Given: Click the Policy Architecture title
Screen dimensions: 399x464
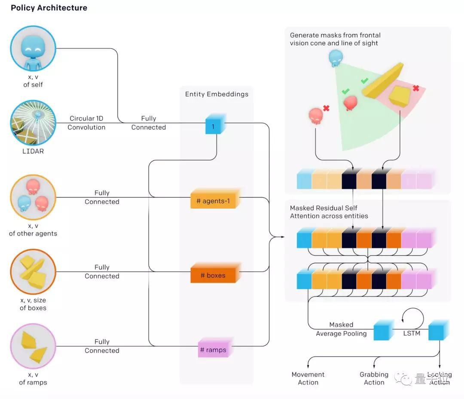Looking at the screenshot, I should click(x=49, y=8).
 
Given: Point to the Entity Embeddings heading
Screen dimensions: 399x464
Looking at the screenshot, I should click(x=217, y=94).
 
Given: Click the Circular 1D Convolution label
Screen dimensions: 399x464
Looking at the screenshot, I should click(x=86, y=123).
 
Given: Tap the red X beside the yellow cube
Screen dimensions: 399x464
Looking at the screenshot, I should click(x=415, y=88).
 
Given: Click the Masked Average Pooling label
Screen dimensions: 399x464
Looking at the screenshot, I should click(x=341, y=329).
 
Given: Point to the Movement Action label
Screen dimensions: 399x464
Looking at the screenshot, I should click(x=308, y=378).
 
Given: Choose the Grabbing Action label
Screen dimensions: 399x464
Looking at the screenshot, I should click(x=374, y=378).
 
